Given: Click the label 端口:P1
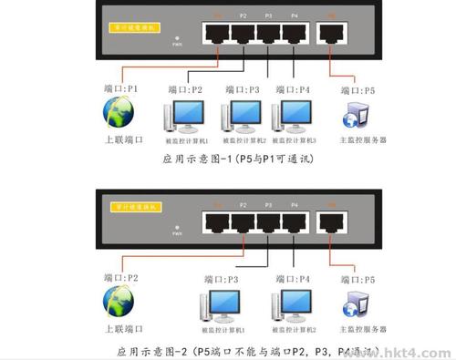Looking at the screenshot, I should pyautogui.click(x=120, y=89).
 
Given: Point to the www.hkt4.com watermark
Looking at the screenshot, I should pyautogui.click(x=407, y=351).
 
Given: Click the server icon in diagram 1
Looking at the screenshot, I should pyautogui.click(x=352, y=117).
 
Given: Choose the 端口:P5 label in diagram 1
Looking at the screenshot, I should pyautogui.click(x=358, y=90).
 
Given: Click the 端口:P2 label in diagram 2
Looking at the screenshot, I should pyautogui.click(x=120, y=276).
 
